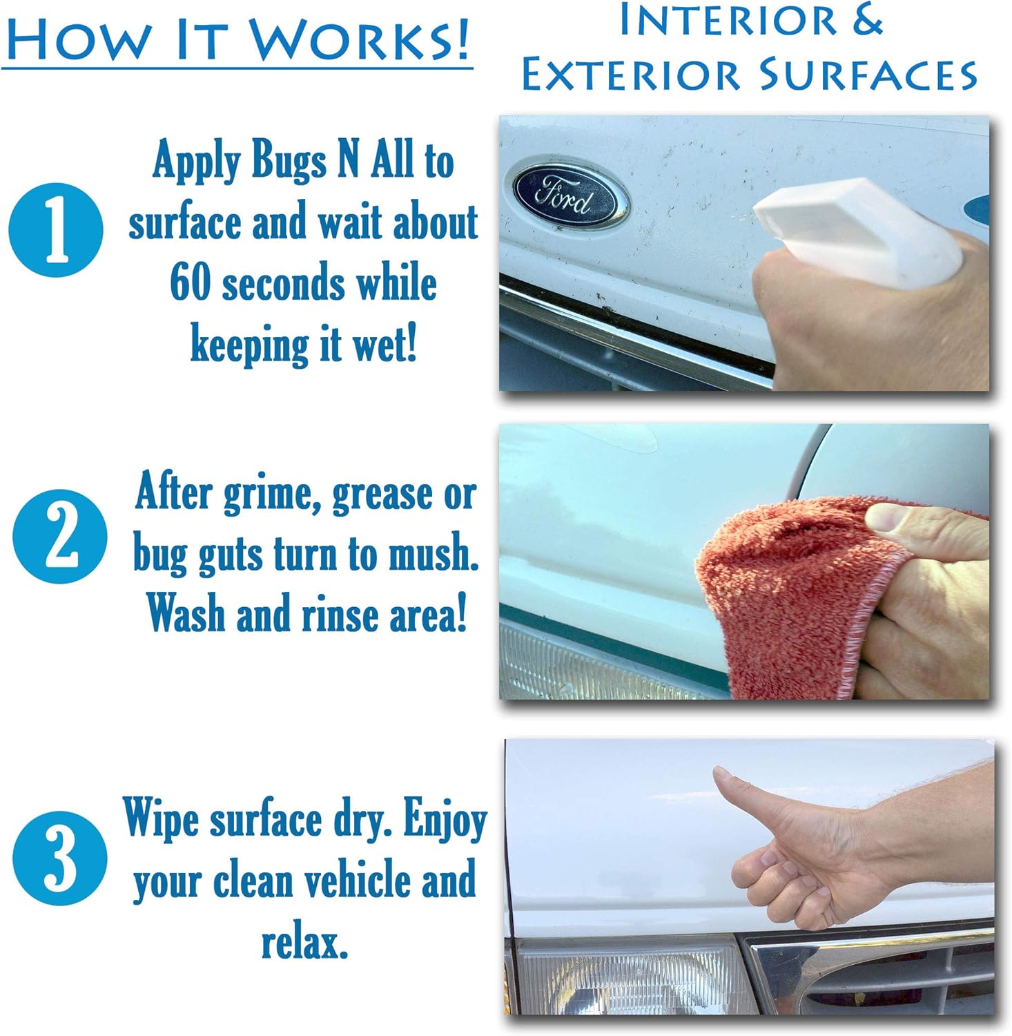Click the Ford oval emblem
[x=570, y=195]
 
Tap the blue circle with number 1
[x=56, y=230]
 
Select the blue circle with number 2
[x=60, y=537]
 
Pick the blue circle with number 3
[x=60, y=858]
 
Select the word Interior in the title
[x=728, y=21]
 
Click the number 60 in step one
[x=190, y=283]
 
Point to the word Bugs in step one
[x=289, y=162]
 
